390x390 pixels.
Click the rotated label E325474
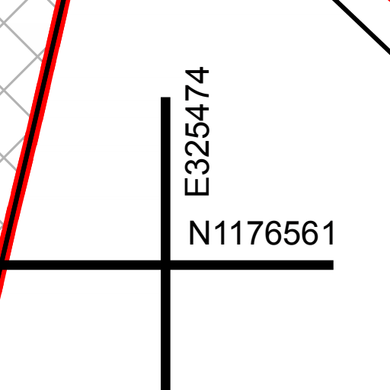(197, 131)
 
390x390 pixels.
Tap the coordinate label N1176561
(261, 233)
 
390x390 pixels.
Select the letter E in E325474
(197, 187)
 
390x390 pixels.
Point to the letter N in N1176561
(200, 233)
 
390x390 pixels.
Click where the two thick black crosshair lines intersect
(165, 265)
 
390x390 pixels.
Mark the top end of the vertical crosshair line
(165, 97)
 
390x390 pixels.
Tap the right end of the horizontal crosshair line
(333, 265)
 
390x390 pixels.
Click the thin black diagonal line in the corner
(361, 27)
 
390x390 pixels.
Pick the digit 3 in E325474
(197, 166)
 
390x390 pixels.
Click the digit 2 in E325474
(197, 146)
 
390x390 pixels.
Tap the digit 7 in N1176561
(255, 233)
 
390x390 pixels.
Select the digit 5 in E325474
(197, 126)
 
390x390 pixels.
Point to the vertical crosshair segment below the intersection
(165, 330)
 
